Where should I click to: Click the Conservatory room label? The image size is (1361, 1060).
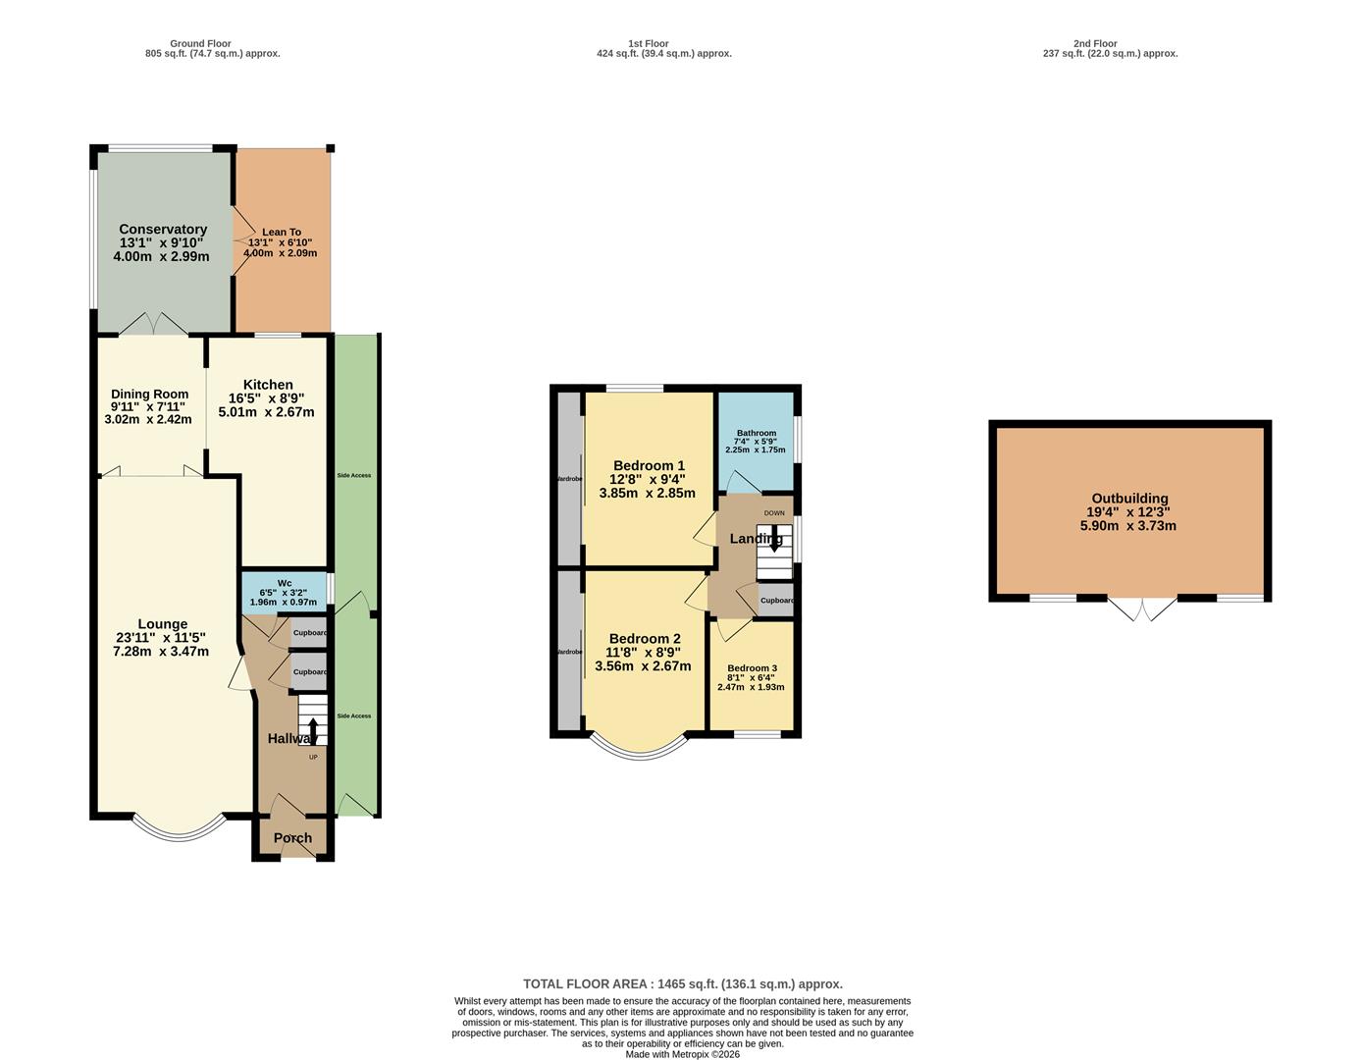click(x=163, y=230)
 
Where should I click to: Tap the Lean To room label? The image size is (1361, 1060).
click(x=282, y=233)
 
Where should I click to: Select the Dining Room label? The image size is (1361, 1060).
click(x=149, y=395)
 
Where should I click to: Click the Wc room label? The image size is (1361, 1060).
click(x=284, y=583)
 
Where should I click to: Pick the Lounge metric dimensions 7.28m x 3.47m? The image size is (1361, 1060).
click(x=162, y=651)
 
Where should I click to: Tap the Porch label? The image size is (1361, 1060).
click(x=292, y=838)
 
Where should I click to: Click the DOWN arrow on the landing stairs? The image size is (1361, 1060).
click(x=775, y=538)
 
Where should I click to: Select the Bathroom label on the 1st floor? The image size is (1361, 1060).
click(x=757, y=433)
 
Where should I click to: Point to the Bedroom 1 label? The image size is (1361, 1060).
click(x=648, y=466)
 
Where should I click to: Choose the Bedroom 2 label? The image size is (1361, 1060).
click(x=644, y=639)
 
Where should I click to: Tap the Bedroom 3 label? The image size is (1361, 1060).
click(x=752, y=667)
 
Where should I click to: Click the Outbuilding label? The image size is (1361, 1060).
click(x=1129, y=499)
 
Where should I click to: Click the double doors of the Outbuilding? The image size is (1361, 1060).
click(x=1143, y=609)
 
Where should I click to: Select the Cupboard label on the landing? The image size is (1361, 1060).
click(x=777, y=601)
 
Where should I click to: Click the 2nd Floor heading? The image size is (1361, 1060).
click(x=1095, y=43)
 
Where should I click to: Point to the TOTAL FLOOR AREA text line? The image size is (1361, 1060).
click(x=682, y=983)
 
